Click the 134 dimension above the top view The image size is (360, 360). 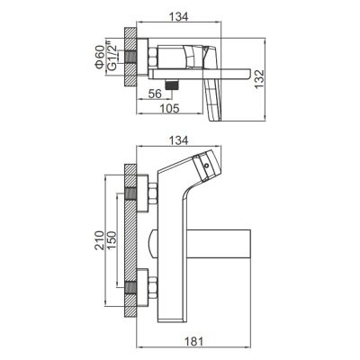[x=178, y=16]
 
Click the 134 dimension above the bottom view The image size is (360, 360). [x=178, y=140]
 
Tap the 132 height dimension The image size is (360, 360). [x=259, y=79]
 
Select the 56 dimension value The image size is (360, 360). [x=156, y=94]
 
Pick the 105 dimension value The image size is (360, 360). [x=169, y=108]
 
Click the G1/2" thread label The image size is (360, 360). [x=112, y=58]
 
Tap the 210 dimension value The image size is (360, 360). [x=99, y=240]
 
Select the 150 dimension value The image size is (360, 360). [x=112, y=240]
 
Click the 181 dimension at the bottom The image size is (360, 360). [x=193, y=341]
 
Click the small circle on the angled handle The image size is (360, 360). [x=206, y=166]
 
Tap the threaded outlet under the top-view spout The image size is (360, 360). [x=172, y=85]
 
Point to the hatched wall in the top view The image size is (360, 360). [x=130, y=57]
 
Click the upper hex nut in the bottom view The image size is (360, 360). [x=152, y=194]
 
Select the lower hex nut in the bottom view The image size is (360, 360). [x=152, y=288]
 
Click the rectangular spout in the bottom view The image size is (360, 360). [x=219, y=244]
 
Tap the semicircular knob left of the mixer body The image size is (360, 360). [x=153, y=244]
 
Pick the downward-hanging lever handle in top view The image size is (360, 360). [x=212, y=101]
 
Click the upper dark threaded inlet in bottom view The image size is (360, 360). [x=130, y=193]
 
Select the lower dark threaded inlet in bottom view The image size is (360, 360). [x=130, y=288]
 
